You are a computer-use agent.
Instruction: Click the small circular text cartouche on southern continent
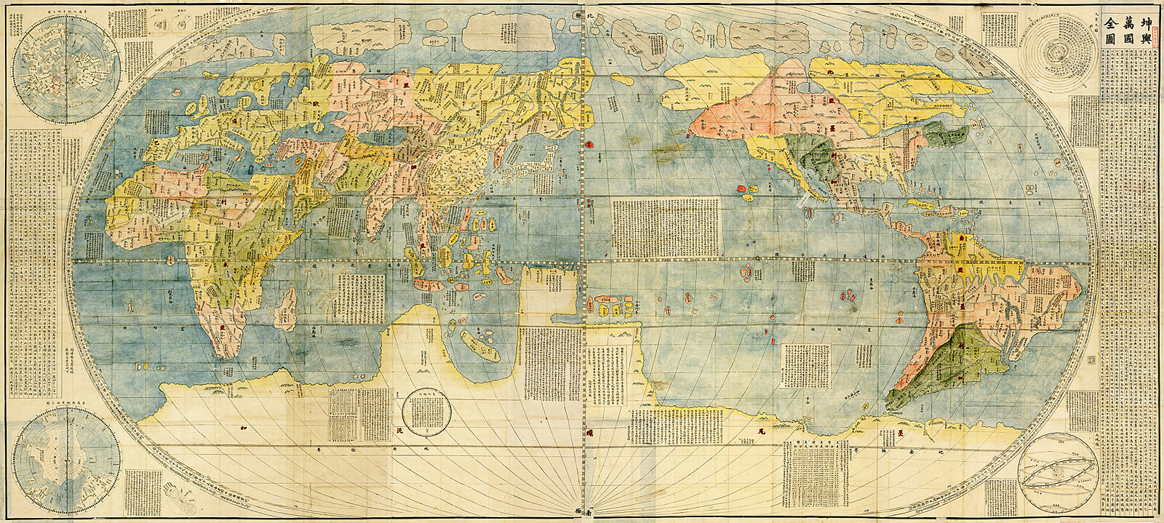point(427,411)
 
